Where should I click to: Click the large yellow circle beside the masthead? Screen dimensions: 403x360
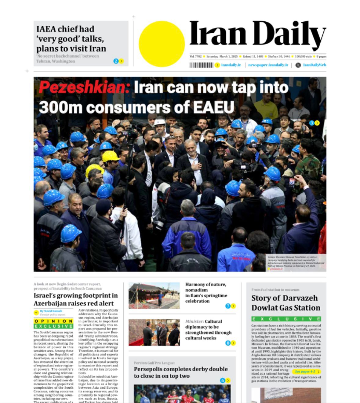point(162,44)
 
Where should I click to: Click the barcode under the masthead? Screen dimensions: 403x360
point(201,65)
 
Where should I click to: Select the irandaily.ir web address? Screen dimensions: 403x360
point(231,65)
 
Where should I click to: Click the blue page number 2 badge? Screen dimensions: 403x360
point(116,61)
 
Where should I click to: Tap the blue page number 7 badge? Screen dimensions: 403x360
point(228,306)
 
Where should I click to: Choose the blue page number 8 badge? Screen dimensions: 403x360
point(228,343)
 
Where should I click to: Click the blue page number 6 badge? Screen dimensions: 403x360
point(223,380)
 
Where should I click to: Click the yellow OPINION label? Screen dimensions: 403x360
point(53,321)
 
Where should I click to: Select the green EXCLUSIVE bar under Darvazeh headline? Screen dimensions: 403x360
point(286,319)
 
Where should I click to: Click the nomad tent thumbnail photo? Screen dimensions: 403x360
point(154,296)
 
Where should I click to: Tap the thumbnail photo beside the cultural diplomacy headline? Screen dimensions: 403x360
point(154,332)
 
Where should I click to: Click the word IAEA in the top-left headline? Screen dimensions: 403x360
point(46,29)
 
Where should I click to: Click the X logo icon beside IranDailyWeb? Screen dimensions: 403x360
point(298,65)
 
